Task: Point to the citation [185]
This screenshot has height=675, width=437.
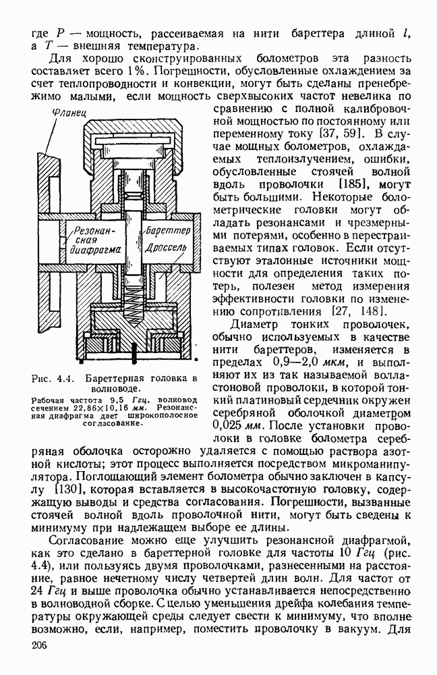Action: pyautogui.click(x=356, y=183)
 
